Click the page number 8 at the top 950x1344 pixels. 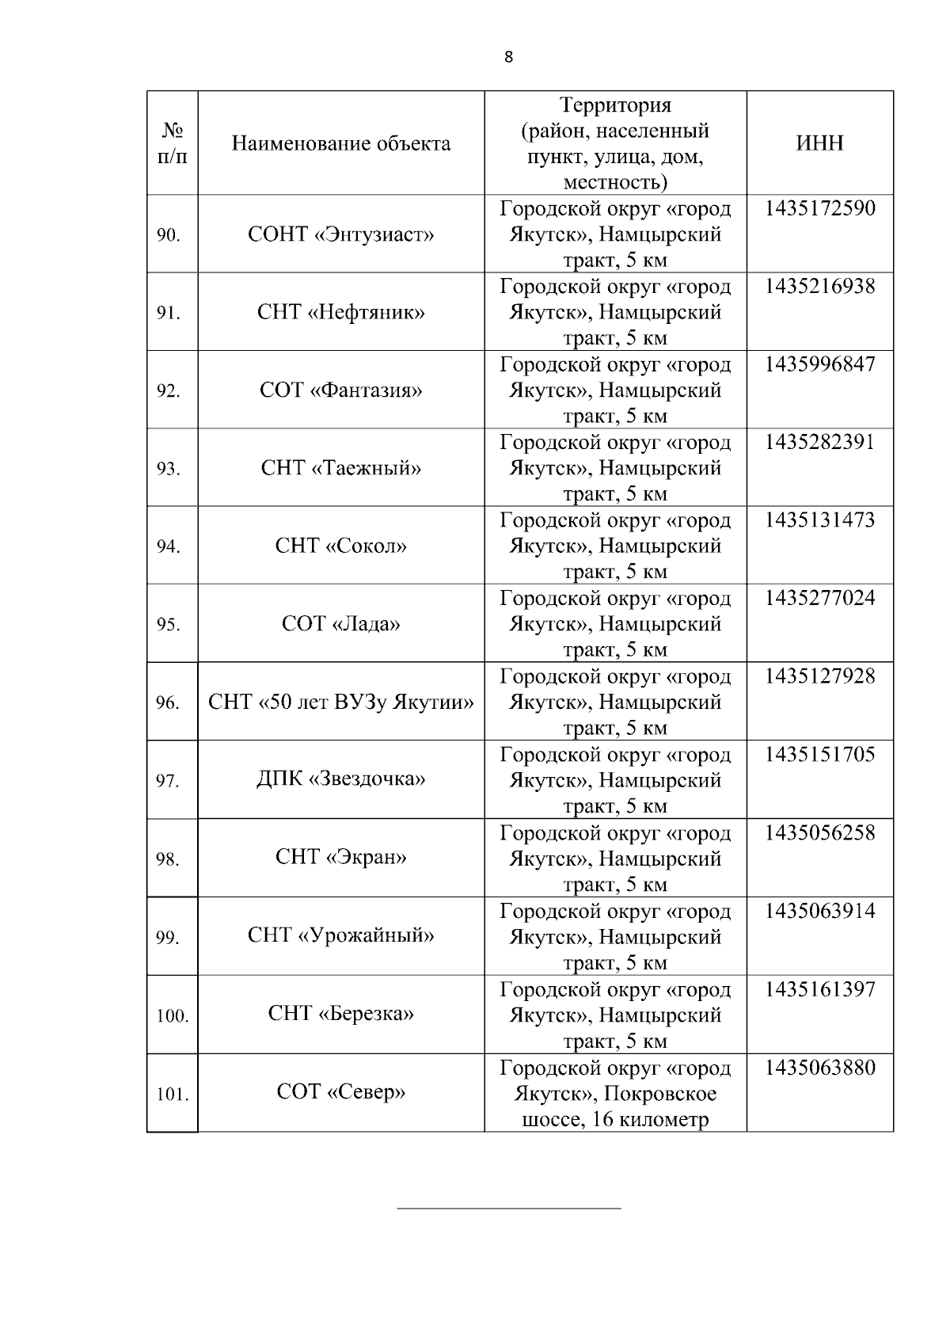tap(508, 57)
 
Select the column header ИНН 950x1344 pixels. tap(819, 143)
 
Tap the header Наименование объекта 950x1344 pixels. tap(341, 143)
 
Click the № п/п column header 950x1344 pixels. tap(173, 143)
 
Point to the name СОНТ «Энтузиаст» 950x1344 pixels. tap(341, 234)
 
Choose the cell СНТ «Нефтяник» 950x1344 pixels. tap(341, 312)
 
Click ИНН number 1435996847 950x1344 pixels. tap(820, 364)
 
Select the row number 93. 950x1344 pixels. tap(168, 469)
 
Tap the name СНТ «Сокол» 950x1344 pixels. tap(341, 546)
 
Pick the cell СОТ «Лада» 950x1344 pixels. tap(341, 624)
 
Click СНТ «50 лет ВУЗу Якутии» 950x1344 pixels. tap(341, 702)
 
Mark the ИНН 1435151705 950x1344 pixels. tap(820, 754)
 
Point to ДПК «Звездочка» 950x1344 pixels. tap(341, 779)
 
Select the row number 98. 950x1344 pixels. tap(168, 859)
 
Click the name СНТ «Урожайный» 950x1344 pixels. tap(341, 935)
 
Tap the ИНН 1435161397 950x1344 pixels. tap(820, 989)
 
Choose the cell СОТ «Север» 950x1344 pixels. tap(341, 1092)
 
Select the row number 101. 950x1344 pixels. tap(172, 1095)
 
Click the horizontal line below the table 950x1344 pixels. tap(508, 1209)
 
